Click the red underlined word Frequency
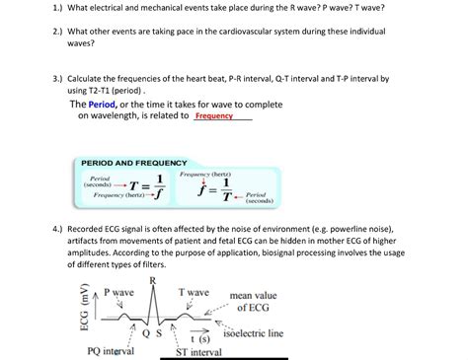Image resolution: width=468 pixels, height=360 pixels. click(x=214, y=116)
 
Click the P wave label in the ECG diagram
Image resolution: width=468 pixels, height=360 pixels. click(x=118, y=293)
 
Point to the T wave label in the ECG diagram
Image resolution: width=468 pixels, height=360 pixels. click(x=194, y=293)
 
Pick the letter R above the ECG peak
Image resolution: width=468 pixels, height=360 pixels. click(x=152, y=280)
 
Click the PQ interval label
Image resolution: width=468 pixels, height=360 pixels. click(x=111, y=351)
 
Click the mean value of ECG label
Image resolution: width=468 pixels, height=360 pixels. click(x=253, y=301)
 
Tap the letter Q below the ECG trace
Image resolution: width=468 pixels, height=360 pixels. click(x=144, y=333)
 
